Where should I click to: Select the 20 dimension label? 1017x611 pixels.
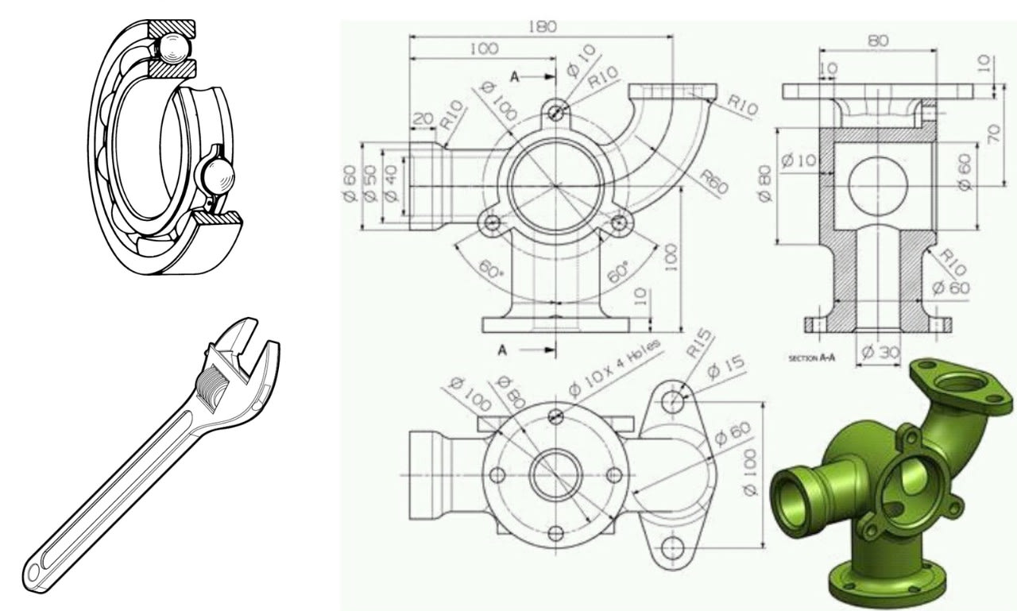pos(423,118)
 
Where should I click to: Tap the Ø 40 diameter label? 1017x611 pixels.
pos(390,185)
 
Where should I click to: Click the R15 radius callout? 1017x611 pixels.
pos(699,346)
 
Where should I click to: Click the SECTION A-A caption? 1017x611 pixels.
pos(811,358)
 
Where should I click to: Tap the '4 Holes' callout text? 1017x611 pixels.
pos(632,362)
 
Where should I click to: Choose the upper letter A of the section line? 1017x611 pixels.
pos(515,77)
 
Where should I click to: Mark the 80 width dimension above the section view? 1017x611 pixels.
pos(878,40)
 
